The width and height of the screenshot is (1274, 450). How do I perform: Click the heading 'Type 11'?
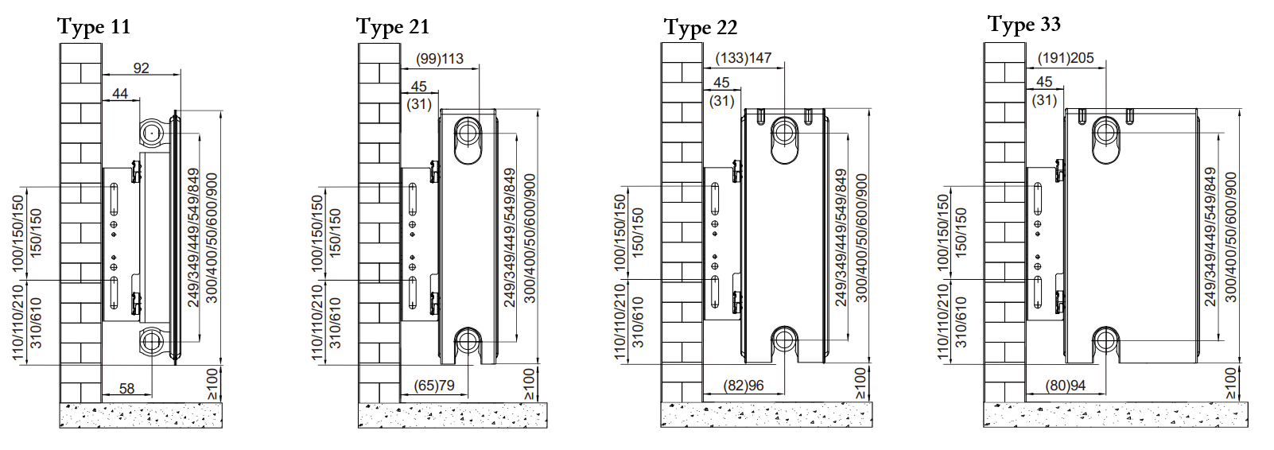click(x=93, y=27)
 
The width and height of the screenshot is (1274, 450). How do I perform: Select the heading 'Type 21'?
click(x=392, y=27)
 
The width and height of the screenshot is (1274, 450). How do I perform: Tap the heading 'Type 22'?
click(x=700, y=28)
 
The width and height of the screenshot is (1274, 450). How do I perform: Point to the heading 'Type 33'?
click(x=1023, y=25)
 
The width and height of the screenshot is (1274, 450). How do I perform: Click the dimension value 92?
click(x=141, y=68)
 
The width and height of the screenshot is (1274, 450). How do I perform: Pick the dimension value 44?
click(x=120, y=94)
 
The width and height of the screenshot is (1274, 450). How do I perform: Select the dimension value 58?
click(x=127, y=389)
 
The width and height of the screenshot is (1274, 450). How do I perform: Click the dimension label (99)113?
click(x=440, y=59)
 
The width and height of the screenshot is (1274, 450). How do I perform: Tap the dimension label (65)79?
click(x=434, y=386)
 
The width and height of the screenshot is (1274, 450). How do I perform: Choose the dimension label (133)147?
click(x=743, y=58)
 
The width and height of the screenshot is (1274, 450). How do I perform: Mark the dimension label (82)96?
click(x=743, y=386)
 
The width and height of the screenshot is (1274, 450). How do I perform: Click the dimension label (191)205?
click(x=1066, y=58)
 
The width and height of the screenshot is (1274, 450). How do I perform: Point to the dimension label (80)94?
click(x=1066, y=386)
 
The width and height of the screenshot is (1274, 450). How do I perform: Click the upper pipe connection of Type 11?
click(x=151, y=133)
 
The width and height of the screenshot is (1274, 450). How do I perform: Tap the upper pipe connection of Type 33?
click(x=1105, y=131)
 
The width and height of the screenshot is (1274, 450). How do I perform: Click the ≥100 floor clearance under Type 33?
click(x=1230, y=383)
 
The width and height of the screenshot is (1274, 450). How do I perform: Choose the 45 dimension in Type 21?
click(x=419, y=86)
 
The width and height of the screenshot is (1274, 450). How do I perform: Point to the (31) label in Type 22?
click(x=721, y=101)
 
